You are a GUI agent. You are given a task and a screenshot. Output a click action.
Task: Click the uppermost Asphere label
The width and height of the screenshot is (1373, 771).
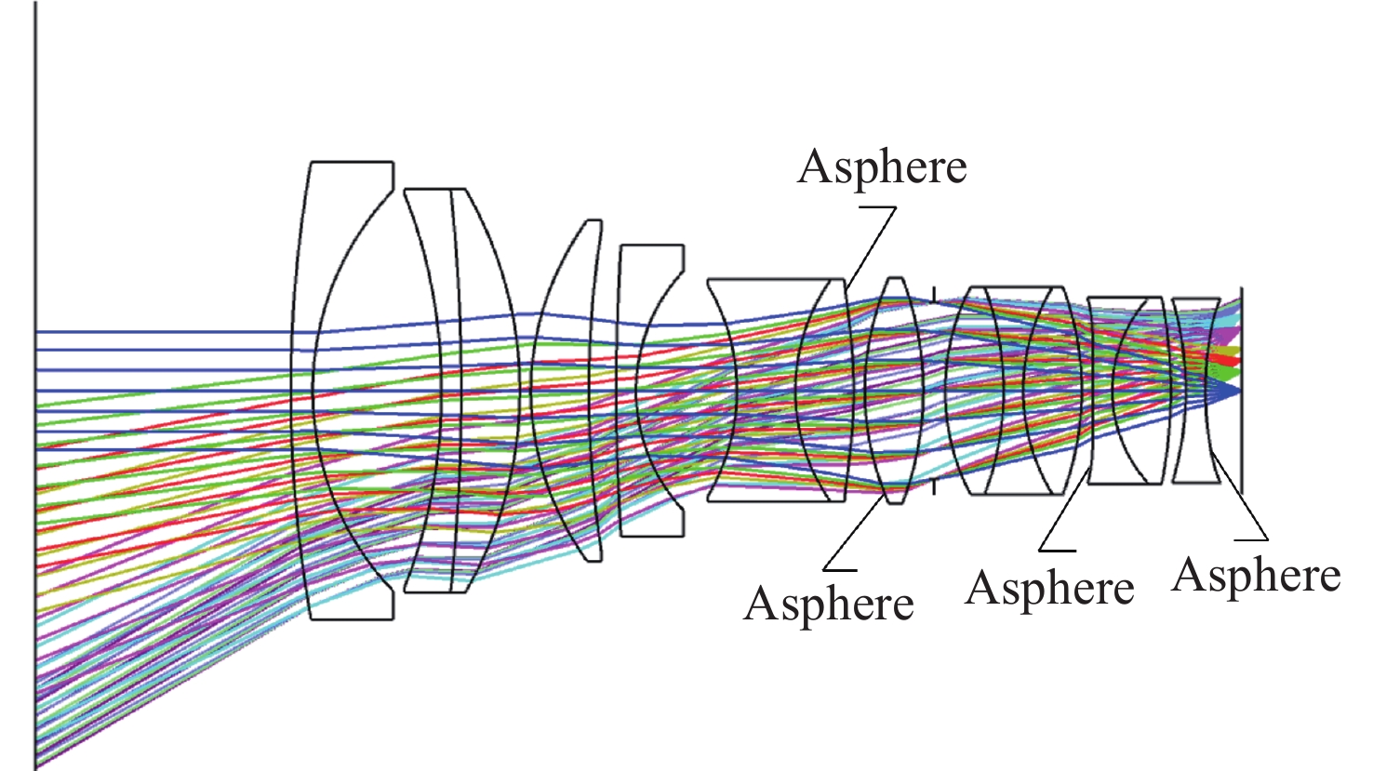pyautogui.click(x=882, y=167)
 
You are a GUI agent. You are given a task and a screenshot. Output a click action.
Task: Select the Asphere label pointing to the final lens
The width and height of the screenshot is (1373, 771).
pyautogui.click(x=1256, y=575)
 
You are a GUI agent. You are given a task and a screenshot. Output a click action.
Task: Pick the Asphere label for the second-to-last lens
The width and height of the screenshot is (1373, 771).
pyautogui.click(x=1049, y=589)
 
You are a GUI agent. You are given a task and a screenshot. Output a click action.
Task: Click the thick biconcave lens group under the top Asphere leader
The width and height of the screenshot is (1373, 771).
pyautogui.click(x=777, y=391)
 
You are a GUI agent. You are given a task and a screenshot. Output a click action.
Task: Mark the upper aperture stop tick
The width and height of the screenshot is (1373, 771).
pyautogui.click(x=933, y=294)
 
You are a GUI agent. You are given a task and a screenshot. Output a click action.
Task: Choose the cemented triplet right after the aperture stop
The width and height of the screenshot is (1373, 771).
pyautogui.click(x=1014, y=391)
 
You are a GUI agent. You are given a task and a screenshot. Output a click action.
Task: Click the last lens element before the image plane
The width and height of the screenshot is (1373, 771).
pyautogui.click(x=1195, y=391)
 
